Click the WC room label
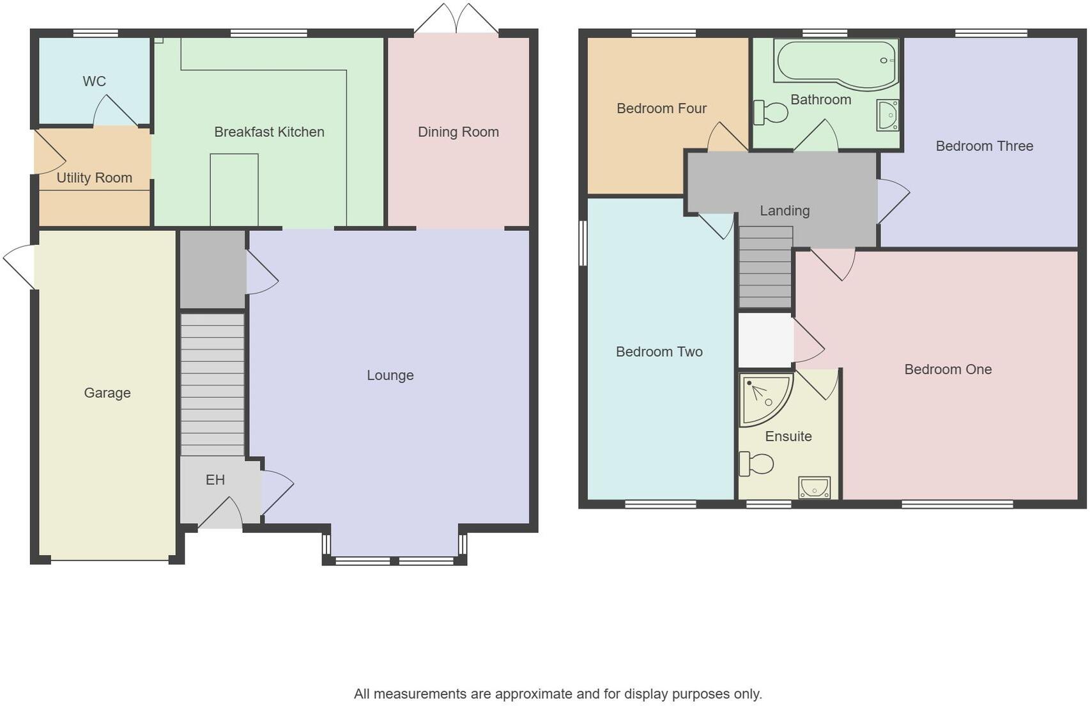(94, 81)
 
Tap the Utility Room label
(94, 178)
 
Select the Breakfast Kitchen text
(269, 132)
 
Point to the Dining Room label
(458, 132)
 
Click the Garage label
(107, 393)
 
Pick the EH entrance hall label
(215, 480)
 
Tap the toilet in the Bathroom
(771, 113)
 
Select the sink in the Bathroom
(887, 115)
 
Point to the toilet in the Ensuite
(756, 464)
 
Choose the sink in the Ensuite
(815, 488)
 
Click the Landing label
(785, 210)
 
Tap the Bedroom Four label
(661, 109)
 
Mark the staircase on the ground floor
(212, 384)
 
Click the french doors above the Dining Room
(456, 19)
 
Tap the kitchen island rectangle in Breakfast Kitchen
(234, 189)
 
